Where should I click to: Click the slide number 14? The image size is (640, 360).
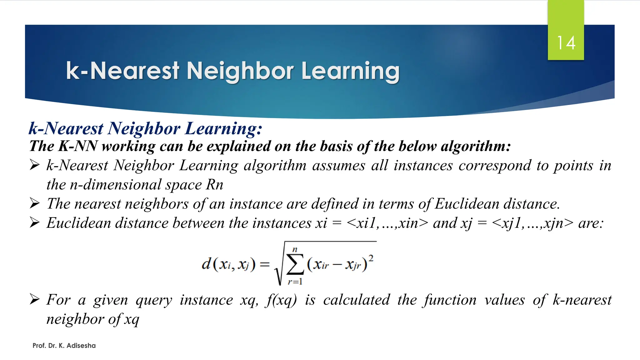566,43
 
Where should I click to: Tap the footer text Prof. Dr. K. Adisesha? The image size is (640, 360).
64,346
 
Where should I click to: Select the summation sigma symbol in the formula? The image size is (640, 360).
295,264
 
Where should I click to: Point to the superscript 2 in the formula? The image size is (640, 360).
371,258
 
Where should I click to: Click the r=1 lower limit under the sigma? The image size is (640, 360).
295,282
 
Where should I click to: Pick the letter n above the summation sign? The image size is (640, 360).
295,249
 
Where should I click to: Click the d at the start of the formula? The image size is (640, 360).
206,264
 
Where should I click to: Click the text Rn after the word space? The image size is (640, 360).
214,184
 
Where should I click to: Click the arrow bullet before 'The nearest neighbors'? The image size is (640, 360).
35,203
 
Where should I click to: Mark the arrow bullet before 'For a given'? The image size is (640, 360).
35,299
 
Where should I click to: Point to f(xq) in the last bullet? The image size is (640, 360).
281,300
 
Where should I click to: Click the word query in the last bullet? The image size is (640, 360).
154,300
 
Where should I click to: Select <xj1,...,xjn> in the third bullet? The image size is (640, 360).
532,223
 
